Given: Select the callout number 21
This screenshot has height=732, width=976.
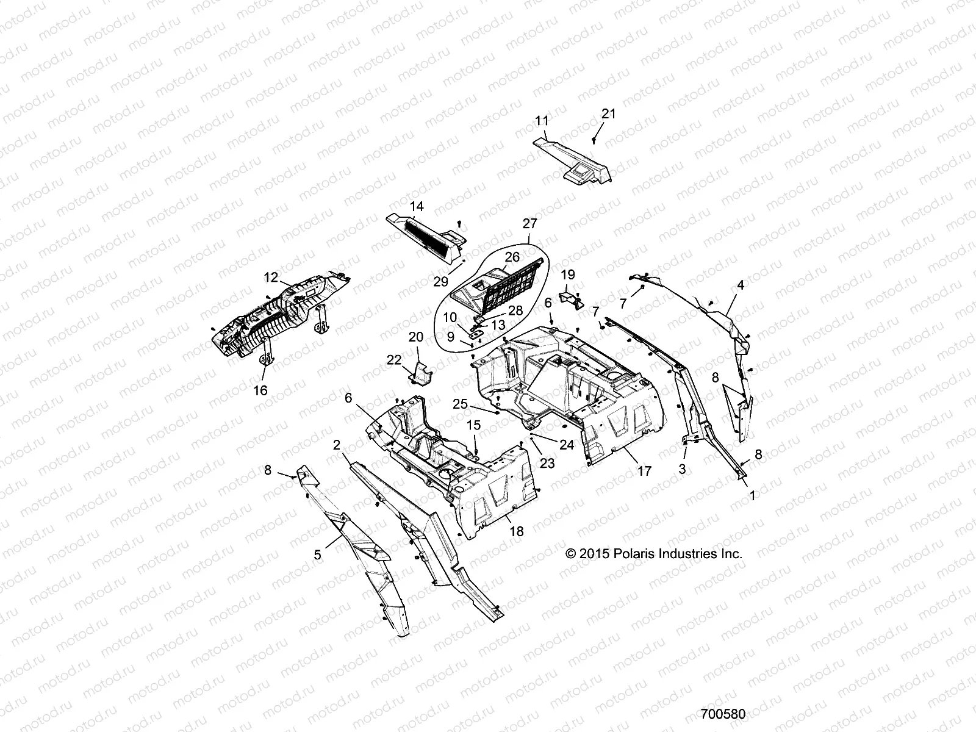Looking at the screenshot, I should (609, 113).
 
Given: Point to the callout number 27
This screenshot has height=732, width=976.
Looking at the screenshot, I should (528, 223).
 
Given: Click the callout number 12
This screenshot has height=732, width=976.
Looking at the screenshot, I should (271, 277).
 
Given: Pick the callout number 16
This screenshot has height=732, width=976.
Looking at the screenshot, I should (260, 390).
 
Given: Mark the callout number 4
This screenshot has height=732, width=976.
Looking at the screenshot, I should (741, 284).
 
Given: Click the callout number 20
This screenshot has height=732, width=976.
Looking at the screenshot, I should (415, 337).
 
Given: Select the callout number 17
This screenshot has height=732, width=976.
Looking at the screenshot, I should (644, 471).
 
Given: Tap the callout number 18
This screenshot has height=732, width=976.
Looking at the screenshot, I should (516, 532).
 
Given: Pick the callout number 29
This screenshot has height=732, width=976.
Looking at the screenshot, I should (440, 281).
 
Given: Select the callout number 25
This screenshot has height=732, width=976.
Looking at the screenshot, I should (460, 404).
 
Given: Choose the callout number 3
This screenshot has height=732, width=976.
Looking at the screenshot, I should (683, 469).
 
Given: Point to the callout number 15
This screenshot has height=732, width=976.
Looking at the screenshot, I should (474, 425).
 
